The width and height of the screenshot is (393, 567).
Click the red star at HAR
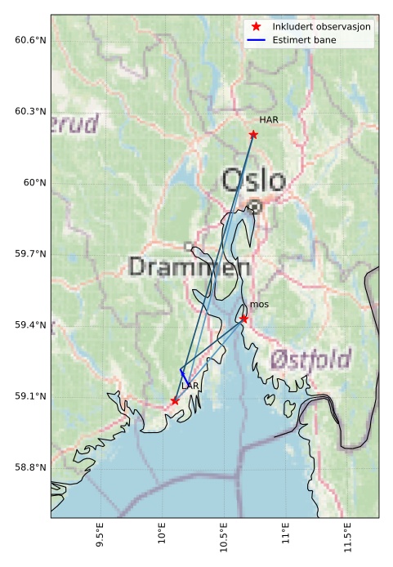pos(253,135)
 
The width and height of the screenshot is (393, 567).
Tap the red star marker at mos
pos(243,319)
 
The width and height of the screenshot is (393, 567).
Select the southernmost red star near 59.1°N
pos(175,400)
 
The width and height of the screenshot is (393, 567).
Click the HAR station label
pos(269,120)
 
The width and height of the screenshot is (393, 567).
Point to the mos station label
pos(259,305)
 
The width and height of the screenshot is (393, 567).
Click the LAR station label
pos(190,386)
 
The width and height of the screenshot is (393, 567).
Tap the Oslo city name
pos(253,181)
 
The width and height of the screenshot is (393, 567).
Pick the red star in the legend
pos(257,27)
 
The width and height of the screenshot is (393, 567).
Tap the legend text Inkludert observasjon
pos(321,27)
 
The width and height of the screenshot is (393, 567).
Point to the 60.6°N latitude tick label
pos(30,40)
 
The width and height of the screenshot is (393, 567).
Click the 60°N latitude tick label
pos(35,182)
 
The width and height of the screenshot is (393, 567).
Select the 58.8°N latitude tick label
pos(30,467)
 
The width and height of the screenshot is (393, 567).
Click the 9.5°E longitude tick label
pos(100,540)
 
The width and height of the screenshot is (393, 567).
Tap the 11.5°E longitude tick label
pos(348,540)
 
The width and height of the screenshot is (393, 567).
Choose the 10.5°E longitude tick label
pos(224,540)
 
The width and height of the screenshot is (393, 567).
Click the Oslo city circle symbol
pos(255,208)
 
